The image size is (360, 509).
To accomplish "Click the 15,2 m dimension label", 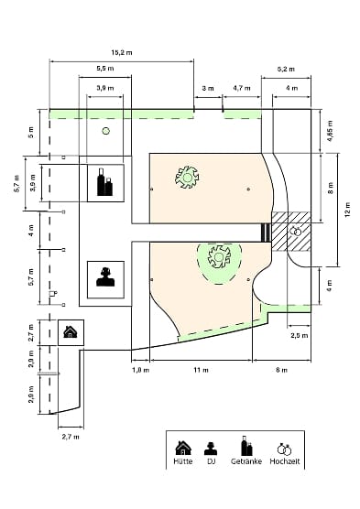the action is (x=122, y=52).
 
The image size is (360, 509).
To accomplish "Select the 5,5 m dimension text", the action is (x=105, y=69).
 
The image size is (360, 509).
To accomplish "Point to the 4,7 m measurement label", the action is (x=242, y=88).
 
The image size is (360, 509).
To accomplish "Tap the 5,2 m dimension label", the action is (x=286, y=70).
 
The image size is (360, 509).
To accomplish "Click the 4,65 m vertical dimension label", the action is (x=330, y=131).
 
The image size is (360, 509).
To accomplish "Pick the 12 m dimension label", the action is (x=348, y=210).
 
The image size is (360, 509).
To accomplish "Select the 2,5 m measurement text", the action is (x=299, y=335).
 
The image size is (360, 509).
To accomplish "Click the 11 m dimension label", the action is (x=202, y=370).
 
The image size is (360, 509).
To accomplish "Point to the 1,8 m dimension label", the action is (x=141, y=370).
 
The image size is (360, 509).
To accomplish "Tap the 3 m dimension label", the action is (x=208, y=88).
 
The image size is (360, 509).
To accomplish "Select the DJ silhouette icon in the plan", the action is (x=105, y=276).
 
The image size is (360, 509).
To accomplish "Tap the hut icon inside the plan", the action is (x=71, y=332).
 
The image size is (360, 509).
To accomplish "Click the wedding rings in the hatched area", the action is (x=296, y=231).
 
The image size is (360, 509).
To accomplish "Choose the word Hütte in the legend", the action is (x=183, y=461).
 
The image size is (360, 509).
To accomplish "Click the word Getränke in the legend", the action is (x=246, y=461).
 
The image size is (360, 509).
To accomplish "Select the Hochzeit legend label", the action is (x=285, y=461).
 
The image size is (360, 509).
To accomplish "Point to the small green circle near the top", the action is (x=106, y=131).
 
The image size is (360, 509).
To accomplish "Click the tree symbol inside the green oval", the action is (x=219, y=257).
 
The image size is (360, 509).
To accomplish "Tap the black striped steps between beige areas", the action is (x=266, y=233).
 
